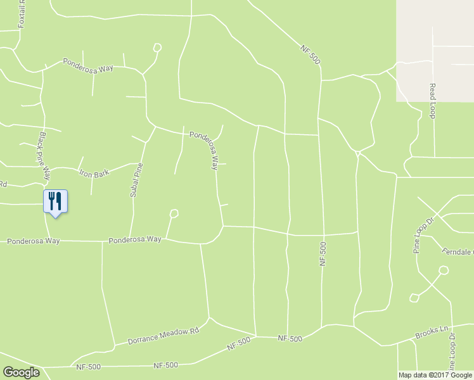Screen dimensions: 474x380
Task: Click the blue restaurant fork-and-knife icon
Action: tap(55, 201)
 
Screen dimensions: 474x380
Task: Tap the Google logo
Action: tap(21, 372)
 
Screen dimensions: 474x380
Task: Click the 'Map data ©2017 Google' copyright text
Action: tap(435, 375)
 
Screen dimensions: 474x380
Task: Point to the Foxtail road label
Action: tap(22, 14)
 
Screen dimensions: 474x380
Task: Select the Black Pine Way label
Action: tap(44, 151)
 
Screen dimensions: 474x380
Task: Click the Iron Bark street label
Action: tap(94, 172)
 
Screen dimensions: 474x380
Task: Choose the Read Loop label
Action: tap(433, 101)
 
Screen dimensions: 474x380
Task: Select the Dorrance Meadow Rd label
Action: tap(163, 336)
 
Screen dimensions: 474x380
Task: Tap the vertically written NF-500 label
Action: tap(323, 253)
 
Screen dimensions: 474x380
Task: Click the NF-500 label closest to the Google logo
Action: tap(89, 367)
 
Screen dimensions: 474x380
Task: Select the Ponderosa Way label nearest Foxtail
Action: tap(87, 65)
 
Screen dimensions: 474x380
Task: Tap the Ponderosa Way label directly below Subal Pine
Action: tap(134, 240)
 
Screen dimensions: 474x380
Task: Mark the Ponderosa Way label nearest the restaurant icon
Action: tap(33, 241)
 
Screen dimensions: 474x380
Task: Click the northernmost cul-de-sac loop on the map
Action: tap(157, 47)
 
